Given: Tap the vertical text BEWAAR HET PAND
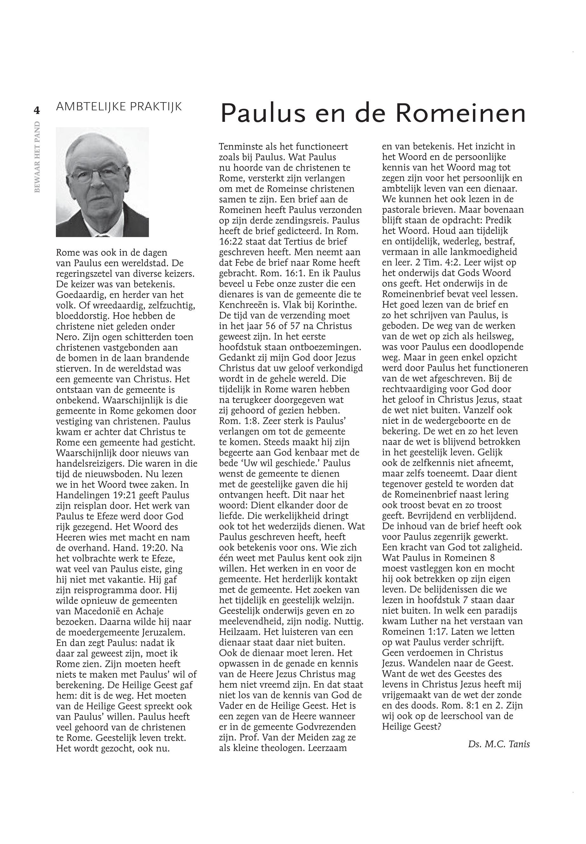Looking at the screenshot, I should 37,157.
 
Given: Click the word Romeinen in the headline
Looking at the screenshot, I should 461,113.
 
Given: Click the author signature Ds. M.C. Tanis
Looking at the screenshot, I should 499,744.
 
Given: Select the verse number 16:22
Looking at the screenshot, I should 231,242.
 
